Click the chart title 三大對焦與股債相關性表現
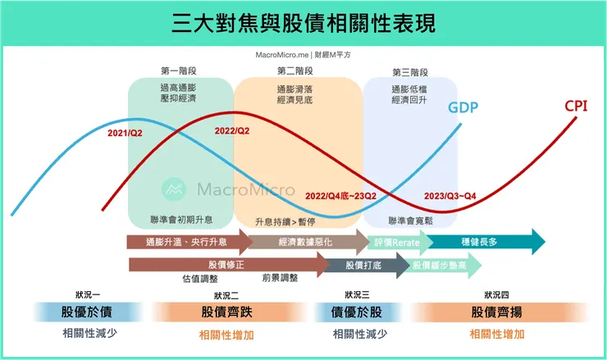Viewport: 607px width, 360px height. coord(303,23)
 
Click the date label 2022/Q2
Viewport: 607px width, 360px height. coord(232,130)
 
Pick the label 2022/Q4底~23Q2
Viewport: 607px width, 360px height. coord(340,196)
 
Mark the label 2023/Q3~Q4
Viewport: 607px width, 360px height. coord(450,196)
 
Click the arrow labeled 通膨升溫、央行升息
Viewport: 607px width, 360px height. coord(185,242)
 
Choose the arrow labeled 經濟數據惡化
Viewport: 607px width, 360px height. coord(304,242)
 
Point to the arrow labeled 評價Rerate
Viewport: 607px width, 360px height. coord(397,242)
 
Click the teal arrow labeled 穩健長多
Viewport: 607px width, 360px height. coord(482,242)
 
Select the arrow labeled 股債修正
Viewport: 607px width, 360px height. coord(226,265)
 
